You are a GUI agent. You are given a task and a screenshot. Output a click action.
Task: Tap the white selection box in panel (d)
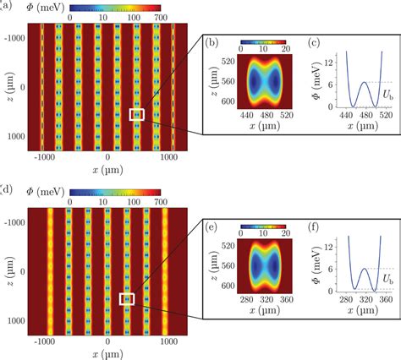127,298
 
